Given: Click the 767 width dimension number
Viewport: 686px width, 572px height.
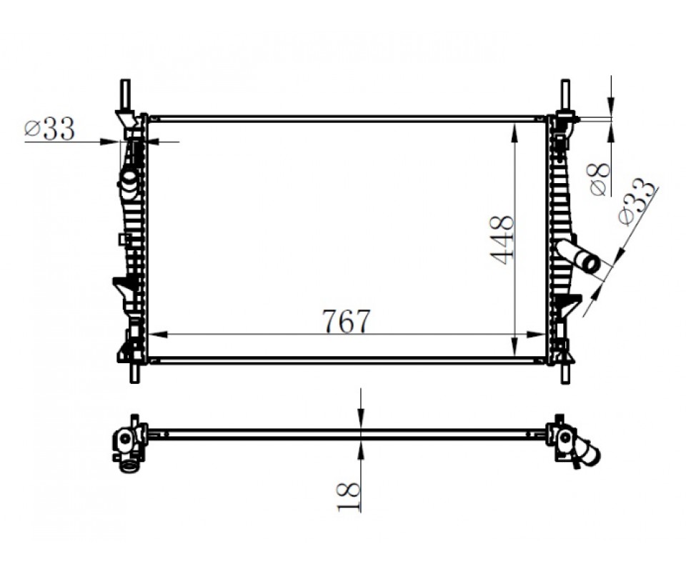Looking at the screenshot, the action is point(346,321).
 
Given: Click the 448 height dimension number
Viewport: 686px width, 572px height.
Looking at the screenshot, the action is point(502,240).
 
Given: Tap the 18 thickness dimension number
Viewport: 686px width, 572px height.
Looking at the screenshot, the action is point(349,497).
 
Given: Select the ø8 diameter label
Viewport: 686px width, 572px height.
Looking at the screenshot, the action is point(600,179).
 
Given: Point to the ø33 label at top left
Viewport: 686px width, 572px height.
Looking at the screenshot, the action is point(49,129).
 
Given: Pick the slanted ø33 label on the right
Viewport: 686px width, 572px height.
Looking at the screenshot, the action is point(637,202).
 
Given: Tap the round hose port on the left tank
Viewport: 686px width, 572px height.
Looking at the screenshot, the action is point(129,180).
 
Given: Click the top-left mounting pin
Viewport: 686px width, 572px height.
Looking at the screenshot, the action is point(125,94).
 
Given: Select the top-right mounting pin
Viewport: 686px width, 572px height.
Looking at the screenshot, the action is point(565,94).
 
